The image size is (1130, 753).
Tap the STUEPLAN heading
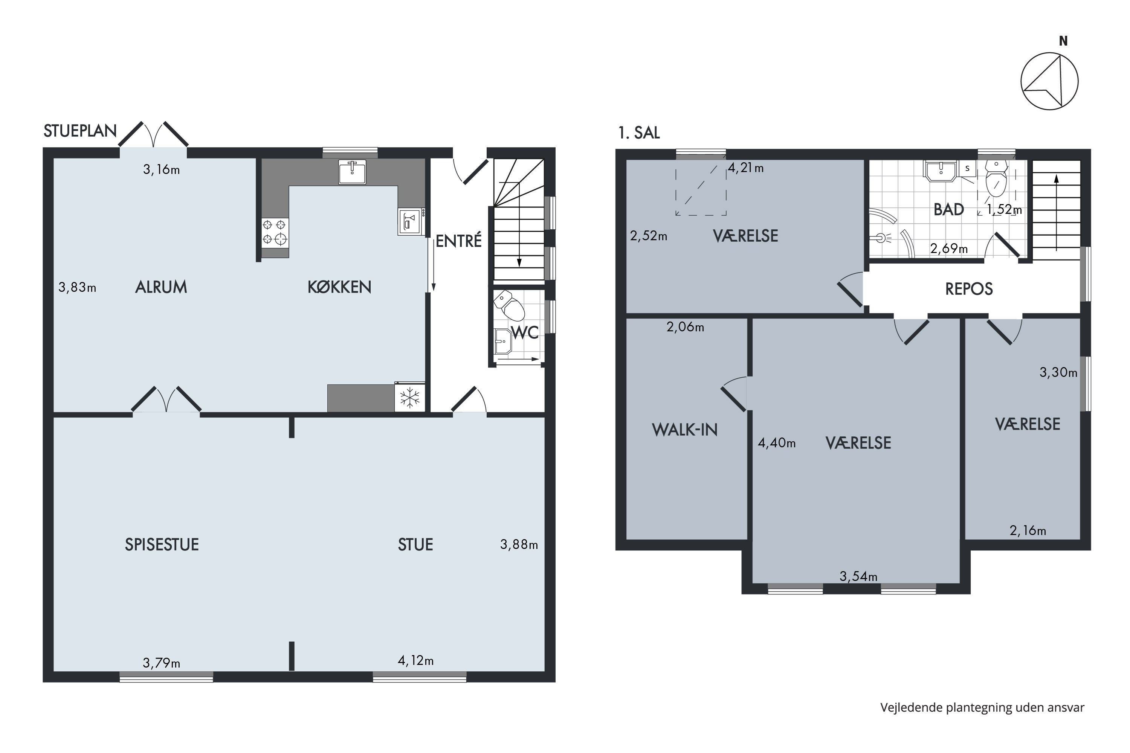(80, 131)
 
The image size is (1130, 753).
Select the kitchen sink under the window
(352, 172)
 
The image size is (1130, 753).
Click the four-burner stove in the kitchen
(275, 232)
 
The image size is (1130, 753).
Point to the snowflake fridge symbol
(409, 398)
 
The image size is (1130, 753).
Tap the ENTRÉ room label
(458, 241)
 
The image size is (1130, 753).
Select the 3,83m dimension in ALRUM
(77, 287)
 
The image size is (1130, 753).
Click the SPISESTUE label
(162, 544)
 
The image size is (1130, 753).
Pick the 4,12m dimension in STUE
(415, 660)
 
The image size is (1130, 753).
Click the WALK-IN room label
(685, 430)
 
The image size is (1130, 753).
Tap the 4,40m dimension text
(776, 443)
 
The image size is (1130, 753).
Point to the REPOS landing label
(968, 289)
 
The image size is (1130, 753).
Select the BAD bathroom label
(948, 209)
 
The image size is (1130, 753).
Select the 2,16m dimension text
(1028, 530)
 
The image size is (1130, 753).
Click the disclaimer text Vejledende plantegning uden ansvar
(982, 707)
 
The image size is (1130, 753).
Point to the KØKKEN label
(339, 287)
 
